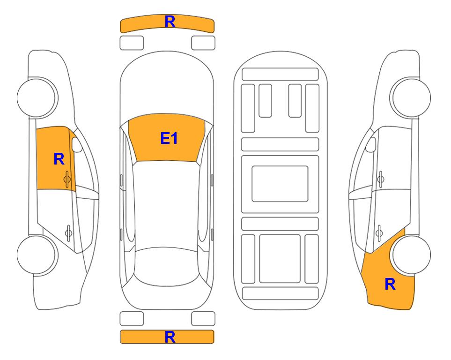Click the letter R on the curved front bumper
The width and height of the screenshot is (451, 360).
pos(170,22)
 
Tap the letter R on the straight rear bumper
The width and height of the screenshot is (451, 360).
pos(170,337)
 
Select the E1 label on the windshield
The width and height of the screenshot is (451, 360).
pos(169,138)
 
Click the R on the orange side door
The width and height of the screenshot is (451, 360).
pos(59,159)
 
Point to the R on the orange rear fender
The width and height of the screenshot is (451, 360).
pos(390,284)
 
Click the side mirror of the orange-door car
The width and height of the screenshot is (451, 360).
pos(77,145)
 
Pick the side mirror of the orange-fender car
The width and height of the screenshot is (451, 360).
pos(371,145)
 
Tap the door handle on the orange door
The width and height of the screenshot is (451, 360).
pos(67,180)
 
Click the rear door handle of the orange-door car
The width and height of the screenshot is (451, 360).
pos(68,232)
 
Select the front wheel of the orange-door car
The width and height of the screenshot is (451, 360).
pos(37,97)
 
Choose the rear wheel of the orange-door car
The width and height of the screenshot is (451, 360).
pos(37,255)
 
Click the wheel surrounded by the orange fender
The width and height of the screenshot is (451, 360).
pos(411,255)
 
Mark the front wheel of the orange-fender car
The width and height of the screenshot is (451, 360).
pos(411,97)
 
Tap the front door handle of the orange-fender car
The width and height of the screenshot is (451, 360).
pos(381,180)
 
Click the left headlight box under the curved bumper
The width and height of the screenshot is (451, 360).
pos(132,43)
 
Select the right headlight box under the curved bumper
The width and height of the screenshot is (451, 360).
pos(203,43)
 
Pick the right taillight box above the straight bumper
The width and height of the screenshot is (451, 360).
pos(203,319)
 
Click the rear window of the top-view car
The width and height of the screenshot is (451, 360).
pos(166,267)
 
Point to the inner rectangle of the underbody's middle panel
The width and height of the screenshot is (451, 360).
pos(280,184)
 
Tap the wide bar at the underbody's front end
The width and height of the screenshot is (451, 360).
pos(280,75)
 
